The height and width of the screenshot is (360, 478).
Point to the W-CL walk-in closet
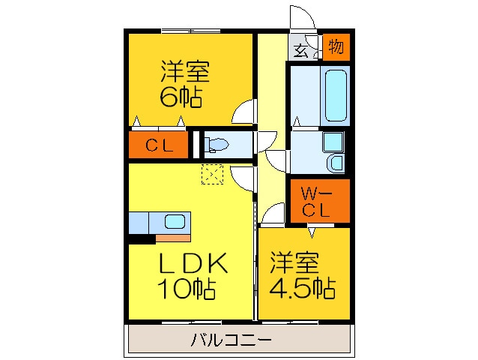click(318, 202)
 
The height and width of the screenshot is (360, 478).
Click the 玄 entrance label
click(300, 51)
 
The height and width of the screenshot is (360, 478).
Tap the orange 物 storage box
click(336, 46)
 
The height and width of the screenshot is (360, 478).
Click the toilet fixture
click(217, 144)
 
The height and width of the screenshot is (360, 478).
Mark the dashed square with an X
click(212, 174)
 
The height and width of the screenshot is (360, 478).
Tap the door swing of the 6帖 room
click(243, 115)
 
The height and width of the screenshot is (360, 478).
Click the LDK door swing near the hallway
click(243, 177)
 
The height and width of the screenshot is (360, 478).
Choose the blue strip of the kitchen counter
click(139, 223)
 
